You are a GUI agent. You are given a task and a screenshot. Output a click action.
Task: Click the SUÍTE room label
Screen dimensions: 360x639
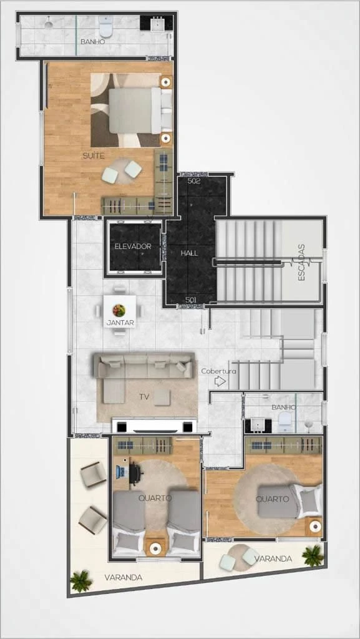(x=94, y=155)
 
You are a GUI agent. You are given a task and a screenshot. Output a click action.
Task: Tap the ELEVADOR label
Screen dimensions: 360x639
(x=133, y=246)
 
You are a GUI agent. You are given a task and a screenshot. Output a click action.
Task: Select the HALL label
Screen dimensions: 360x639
(x=190, y=253)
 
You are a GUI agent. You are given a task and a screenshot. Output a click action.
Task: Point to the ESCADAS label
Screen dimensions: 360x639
(x=302, y=263)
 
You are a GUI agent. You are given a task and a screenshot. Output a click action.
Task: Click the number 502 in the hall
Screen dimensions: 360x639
(x=194, y=182)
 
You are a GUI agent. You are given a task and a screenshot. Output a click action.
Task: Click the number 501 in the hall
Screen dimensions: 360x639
(x=192, y=300)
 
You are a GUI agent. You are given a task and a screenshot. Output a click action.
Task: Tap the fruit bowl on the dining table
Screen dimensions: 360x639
(x=119, y=311)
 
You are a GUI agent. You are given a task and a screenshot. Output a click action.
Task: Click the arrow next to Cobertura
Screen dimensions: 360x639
(x=220, y=381)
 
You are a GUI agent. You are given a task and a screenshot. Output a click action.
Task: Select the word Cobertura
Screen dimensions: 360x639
(x=219, y=371)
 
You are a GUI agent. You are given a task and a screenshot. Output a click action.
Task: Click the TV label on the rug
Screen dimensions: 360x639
(x=144, y=396)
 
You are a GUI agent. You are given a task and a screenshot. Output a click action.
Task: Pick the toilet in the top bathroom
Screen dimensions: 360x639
(x=106, y=26)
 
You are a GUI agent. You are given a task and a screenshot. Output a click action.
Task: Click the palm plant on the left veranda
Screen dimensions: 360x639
(x=80, y=580)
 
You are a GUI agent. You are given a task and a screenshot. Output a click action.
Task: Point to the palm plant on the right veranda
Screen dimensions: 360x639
(x=313, y=555)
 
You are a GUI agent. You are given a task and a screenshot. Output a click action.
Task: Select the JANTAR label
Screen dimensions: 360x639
(x=120, y=323)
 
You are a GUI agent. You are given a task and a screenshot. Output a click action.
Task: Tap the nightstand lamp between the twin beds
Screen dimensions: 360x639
(x=155, y=549)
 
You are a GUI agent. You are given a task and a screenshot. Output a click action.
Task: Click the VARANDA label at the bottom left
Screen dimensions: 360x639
(x=123, y=577)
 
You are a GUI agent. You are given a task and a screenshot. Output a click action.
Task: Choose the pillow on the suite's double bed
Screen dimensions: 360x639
(x=167, y=110)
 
